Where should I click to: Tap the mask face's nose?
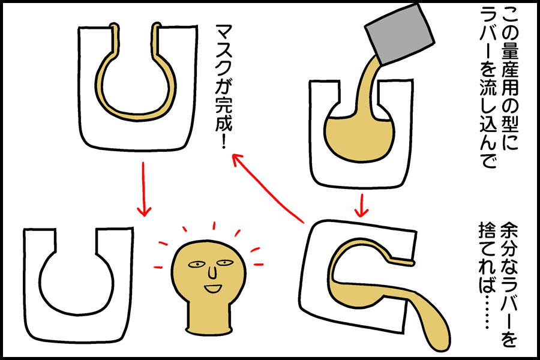click(213, 272)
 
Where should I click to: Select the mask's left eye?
click(196, 265)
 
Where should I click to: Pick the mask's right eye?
click(224, 263)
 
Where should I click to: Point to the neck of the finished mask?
click(208, 315)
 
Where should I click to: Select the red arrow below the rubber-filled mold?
click(361, 206)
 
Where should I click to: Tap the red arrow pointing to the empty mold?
click(143, 189)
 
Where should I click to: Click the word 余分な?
click(509, 250)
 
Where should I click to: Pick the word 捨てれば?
click(488, 257)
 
